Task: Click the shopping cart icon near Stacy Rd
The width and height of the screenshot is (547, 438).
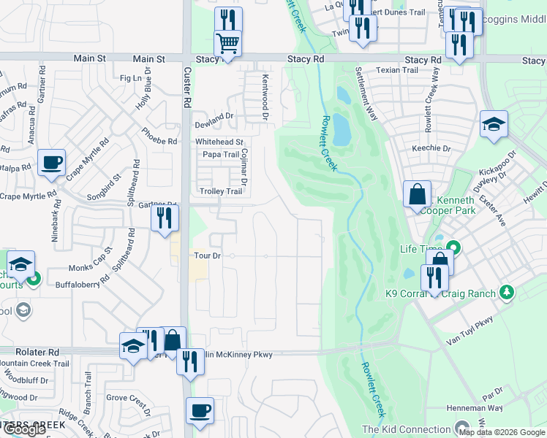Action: tap(228, 44)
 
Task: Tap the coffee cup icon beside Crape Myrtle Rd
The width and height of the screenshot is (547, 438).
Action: tap(51, 163)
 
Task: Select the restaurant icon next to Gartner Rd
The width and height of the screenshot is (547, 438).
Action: tap(165, 218)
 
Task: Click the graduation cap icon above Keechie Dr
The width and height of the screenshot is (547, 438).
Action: tap(494, 124)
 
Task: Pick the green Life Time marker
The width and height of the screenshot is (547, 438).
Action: tap(453, 249)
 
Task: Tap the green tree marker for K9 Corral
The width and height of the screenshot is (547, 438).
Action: tap(505, 293)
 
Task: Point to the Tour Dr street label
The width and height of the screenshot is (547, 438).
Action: tap(208, 256)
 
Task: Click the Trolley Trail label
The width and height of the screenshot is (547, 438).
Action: tap(220, 192)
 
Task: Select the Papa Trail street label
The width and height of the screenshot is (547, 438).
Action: tap(221, 155)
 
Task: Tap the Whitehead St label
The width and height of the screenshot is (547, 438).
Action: tap(219, 142)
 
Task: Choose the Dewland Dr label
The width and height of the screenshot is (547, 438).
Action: tap(214, 116)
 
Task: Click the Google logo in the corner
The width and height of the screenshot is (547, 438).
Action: tap(24, 429)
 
